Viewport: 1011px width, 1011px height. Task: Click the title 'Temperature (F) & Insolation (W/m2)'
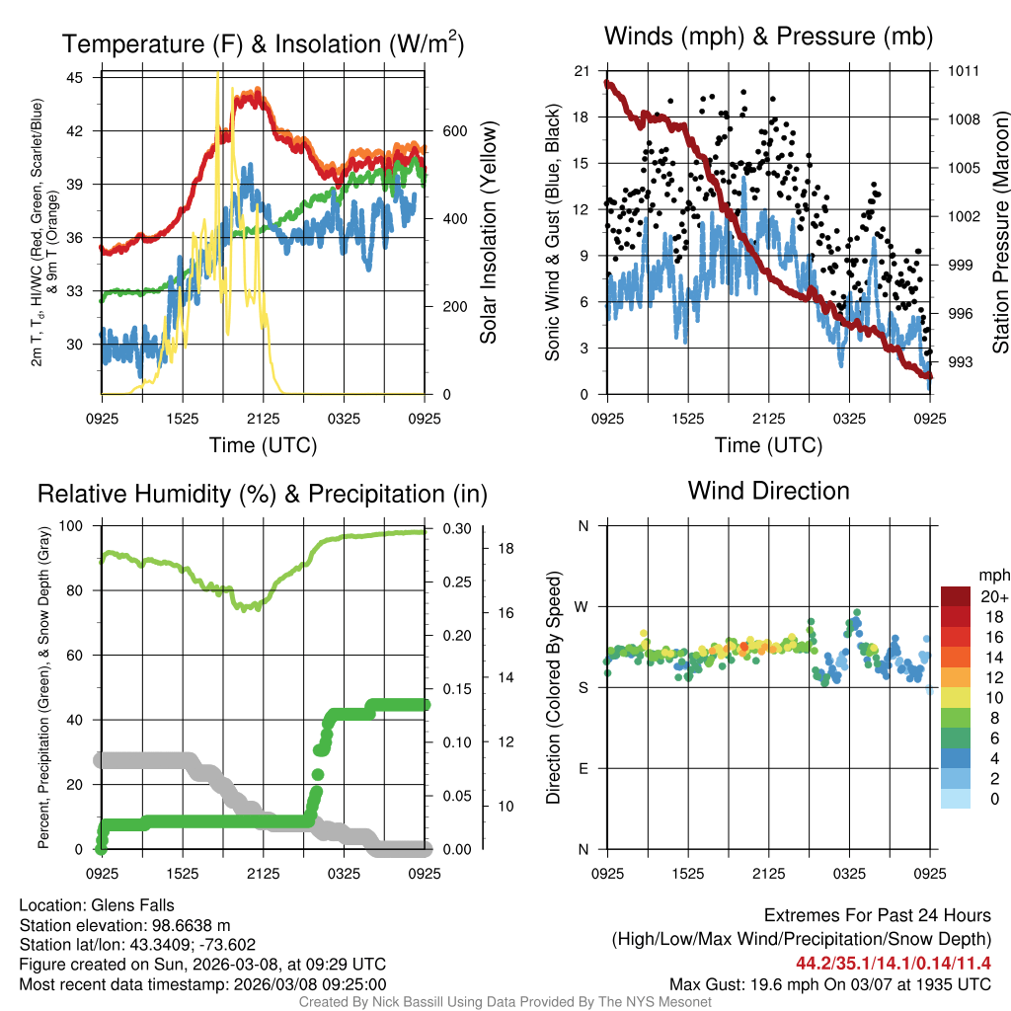point(263,43)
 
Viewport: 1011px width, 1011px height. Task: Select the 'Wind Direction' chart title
point(768,491)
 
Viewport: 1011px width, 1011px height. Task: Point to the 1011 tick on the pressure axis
point(963,71)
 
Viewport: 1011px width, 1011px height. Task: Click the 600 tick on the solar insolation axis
point(454,131)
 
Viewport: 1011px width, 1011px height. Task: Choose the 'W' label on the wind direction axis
point(583,606)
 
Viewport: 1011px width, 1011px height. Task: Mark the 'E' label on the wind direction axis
point(583,768)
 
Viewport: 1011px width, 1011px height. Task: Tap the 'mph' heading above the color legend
point(992,574)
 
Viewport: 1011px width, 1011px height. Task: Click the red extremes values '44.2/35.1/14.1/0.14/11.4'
point(893,961)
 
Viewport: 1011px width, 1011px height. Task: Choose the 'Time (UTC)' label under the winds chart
point(768,445)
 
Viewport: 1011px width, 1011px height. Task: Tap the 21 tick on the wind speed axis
point(580,71)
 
